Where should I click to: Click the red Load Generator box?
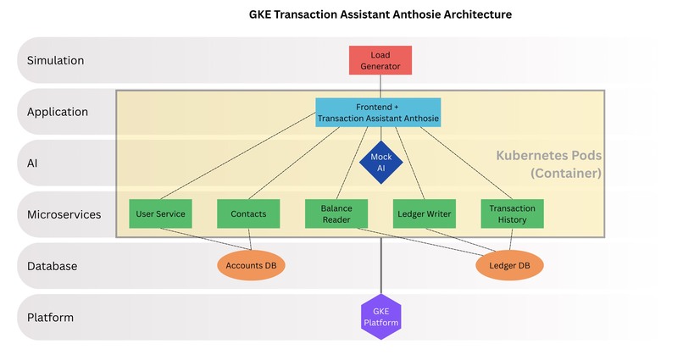click(380, 60)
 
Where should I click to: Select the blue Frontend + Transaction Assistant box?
click(378, 113)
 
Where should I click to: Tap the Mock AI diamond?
click(380, 162)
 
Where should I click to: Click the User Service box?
click(159, 213)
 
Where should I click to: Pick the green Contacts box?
click(248, 213)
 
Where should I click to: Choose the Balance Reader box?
click(336, 213)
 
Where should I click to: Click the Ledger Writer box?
click(424, 213)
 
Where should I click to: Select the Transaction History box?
click(512, 213)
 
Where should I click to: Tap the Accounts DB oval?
click(252, 265)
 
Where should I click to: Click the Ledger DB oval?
click(509, 265)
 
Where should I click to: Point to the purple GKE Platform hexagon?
click(380, 317)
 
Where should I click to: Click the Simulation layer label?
click(55, 60)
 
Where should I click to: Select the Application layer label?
click(58, 112)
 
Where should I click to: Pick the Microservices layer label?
click(64, 214)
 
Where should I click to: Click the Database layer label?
click(53, 266)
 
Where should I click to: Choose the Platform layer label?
click(50, 318)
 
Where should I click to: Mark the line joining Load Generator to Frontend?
click(380, 86)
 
